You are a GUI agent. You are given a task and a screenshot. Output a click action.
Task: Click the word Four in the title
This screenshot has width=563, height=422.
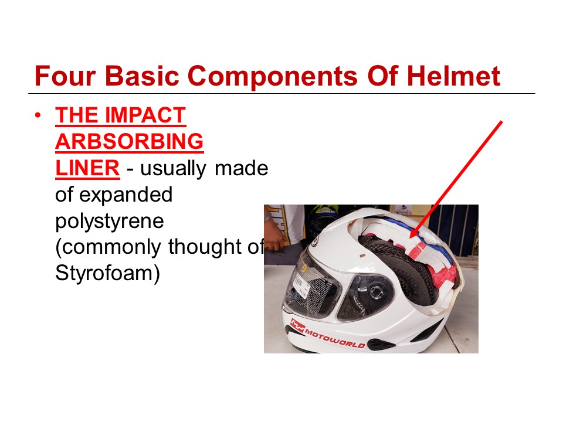(65, 76)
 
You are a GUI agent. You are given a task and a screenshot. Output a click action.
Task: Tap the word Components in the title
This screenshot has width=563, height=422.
(273, 76)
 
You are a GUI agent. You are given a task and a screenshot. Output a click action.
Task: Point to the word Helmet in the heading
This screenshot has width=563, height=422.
(453, 76)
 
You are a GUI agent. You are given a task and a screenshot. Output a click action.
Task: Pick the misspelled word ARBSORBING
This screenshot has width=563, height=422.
(129, 142)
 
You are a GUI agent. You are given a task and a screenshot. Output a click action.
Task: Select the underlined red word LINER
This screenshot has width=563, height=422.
(87, 168)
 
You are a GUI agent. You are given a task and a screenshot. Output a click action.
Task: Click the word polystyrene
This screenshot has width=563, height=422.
(110, 222)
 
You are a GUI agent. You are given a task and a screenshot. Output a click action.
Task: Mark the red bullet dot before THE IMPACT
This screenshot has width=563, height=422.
(38, 115)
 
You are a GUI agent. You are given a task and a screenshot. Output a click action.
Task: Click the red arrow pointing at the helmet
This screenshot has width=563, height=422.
(456, 179)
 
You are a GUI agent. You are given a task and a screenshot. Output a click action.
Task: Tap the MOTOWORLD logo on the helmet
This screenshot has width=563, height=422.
(327, 333)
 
